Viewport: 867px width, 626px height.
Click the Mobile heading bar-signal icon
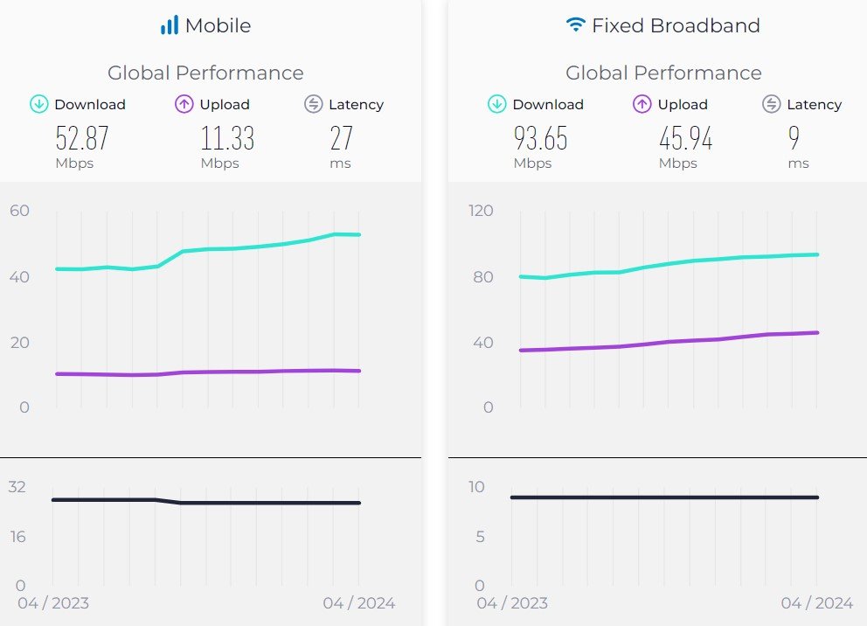coord(169,25)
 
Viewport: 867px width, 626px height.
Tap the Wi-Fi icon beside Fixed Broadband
coord(575,25)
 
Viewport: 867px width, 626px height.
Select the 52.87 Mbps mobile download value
coord(82,138)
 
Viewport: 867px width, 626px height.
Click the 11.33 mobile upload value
coord(227,138)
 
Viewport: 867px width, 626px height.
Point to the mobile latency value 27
coord(341,138)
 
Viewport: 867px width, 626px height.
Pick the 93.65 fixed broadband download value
coord(540,138)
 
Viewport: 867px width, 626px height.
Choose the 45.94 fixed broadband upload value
coord(685,138)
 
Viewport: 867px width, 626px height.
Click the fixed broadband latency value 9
coord(794,138)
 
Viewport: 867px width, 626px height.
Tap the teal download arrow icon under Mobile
coord(38,105)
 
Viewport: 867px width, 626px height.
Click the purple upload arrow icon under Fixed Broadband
coord(642,105)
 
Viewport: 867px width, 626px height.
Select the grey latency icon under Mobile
coord(313,105)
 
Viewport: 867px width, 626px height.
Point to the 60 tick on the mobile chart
coord(19,211)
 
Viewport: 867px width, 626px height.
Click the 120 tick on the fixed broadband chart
coord(480,211)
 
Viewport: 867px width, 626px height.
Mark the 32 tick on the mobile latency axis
coord(17,487)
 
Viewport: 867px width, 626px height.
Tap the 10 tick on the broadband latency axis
coord(475,487)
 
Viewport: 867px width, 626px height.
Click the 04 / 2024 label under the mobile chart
coord(358,603)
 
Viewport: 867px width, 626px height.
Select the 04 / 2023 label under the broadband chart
coord(512,603)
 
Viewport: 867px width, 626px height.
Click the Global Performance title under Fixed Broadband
coord(663,73)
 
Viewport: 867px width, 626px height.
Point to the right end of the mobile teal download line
coord(358,234)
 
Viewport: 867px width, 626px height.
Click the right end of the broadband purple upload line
coord(817,332)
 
